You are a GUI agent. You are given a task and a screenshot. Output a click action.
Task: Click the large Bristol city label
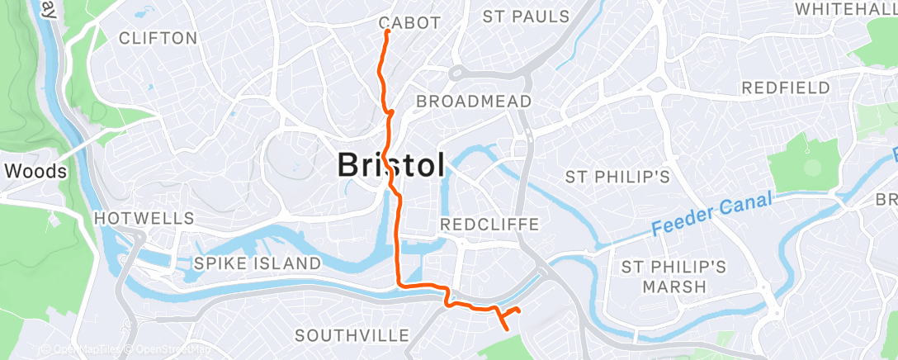pyautogui.click(x=391, y=165)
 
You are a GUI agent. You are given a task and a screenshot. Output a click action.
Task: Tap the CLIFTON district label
pyautogui.click(x=158, y=38)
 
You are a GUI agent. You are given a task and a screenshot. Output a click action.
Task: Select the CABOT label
pyautogui.click(x=409, y=22)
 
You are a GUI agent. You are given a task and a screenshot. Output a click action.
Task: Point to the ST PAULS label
pyautogui.click(x=526, y=17)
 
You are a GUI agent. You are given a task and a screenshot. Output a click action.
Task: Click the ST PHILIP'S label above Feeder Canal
pyautogui.click(x=617, y=177)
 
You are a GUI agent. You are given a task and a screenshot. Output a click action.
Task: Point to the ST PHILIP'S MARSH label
pyautogui.click(x=674, y=277)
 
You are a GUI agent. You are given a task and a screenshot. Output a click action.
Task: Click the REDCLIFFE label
pyautogui.click(x=489, y=225)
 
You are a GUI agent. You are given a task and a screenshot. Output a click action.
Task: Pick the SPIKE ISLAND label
pyautogui.click(x=257, y=263)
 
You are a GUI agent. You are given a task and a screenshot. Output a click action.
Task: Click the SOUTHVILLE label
pyautogui.click(x=352, y=335)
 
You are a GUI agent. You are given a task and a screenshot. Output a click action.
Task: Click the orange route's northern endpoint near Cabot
pyautogui.click(x=386, y=32)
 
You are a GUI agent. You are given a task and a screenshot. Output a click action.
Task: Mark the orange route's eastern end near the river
pyautogui.click(x=518, y=310)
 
